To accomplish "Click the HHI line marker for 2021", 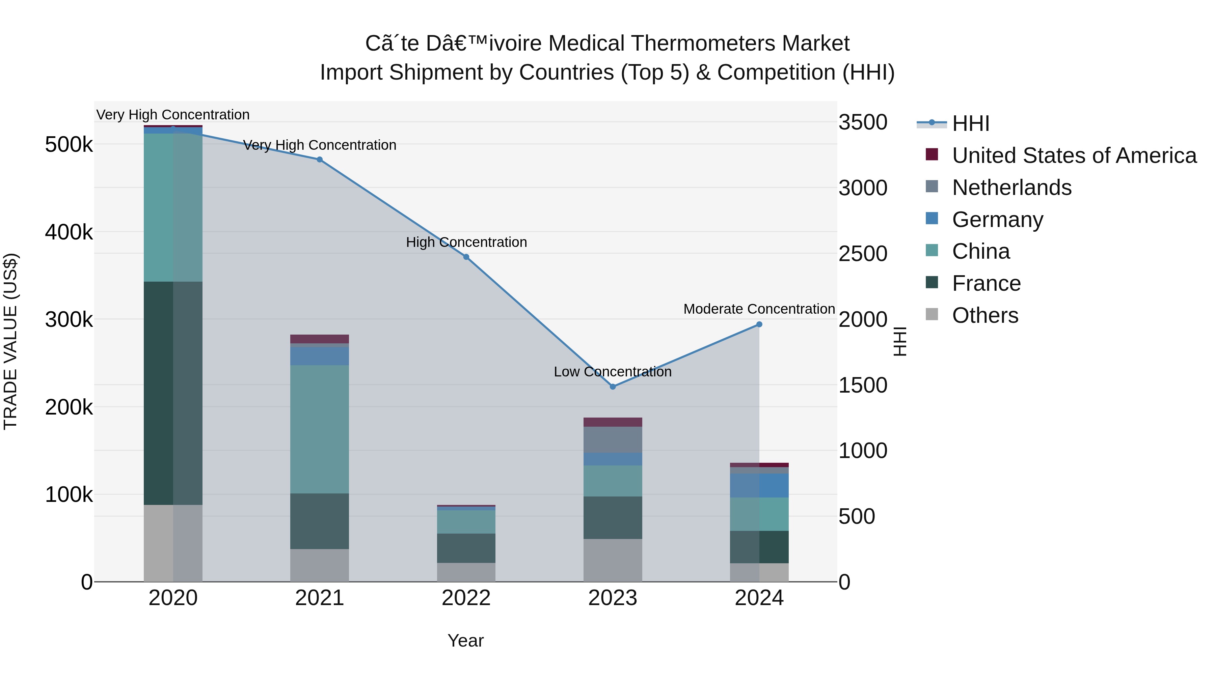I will click(x=319, y=160).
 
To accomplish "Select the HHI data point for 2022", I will click(x=466, y=257).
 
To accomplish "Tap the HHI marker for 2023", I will click(x=613, y=387).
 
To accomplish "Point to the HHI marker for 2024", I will click(x=759, y=324).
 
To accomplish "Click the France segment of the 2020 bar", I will click(x=172, y=393).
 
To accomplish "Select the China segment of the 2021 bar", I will click(x=319, y=429).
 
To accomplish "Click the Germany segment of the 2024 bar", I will click(x=759, y=485).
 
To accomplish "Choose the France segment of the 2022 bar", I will click(x=466, y=548).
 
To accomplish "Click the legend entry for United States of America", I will click(x=1074, y=155).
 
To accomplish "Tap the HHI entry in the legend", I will click(x=970, y=123).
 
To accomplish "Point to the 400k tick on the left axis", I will click(x=69, y=232).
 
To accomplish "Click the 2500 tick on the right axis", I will click(x=863, y=254).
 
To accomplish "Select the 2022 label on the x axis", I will click(x=466, y=598).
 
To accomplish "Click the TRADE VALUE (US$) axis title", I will click(x=10, y=341).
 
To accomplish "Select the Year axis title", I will click(x=465, y=641).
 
